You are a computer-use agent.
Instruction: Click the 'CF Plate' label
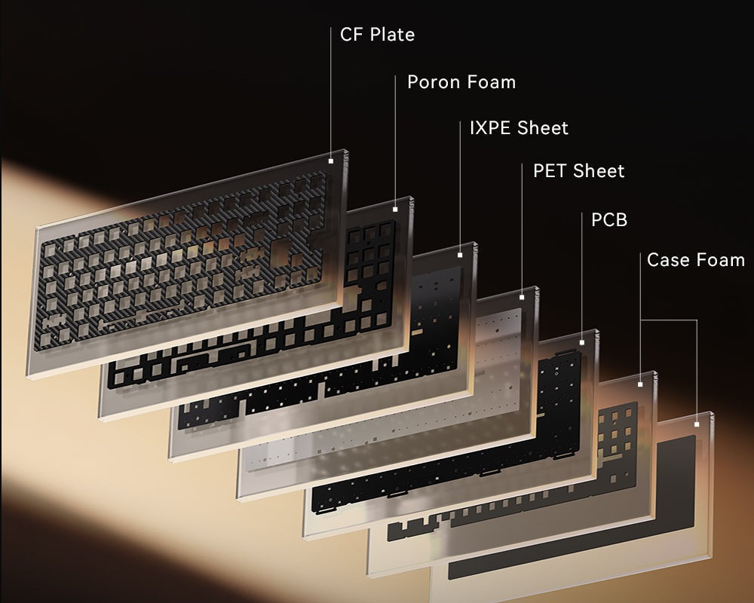(377, 35)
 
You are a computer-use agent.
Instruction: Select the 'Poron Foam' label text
(461, 82)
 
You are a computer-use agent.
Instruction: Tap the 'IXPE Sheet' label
(519, 128)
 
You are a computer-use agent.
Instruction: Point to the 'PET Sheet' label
(578, 171)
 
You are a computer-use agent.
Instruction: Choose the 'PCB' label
(609, 220)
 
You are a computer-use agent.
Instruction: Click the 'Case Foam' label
(695, 261)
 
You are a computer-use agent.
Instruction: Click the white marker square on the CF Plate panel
(331, 161)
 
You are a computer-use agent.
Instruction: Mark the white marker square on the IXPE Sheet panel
(460, 255)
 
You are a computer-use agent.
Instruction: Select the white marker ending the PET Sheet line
(523, 297)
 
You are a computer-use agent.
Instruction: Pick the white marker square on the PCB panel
(581, 342)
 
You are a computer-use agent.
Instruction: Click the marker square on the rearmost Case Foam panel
(697, 424)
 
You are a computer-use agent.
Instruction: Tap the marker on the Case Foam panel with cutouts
(640, 384)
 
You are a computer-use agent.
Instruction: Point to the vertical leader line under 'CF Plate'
(331, 90)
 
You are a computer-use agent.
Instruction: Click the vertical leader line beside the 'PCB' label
(581, 279)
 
